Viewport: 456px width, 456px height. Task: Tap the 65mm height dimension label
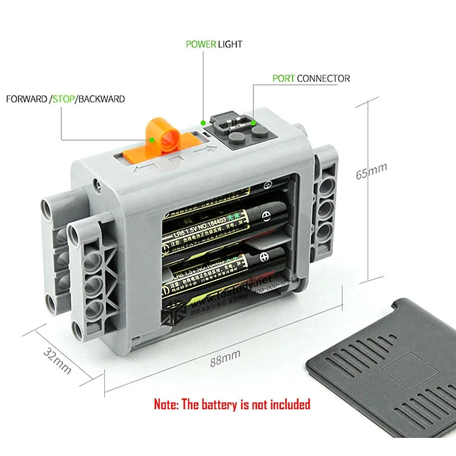[371, 170]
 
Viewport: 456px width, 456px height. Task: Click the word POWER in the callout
[201, 44]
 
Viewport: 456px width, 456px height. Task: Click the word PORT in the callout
[283, 78]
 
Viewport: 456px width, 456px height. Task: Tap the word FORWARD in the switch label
[27, 99]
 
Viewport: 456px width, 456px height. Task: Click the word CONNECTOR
[323, 78]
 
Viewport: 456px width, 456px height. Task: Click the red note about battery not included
[232, 404]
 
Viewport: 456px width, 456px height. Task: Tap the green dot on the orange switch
[153, 138]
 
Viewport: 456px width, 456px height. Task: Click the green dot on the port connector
[253, 121]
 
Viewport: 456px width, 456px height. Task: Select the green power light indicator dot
[203, 121]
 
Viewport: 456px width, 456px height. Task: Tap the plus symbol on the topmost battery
[268, 186]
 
